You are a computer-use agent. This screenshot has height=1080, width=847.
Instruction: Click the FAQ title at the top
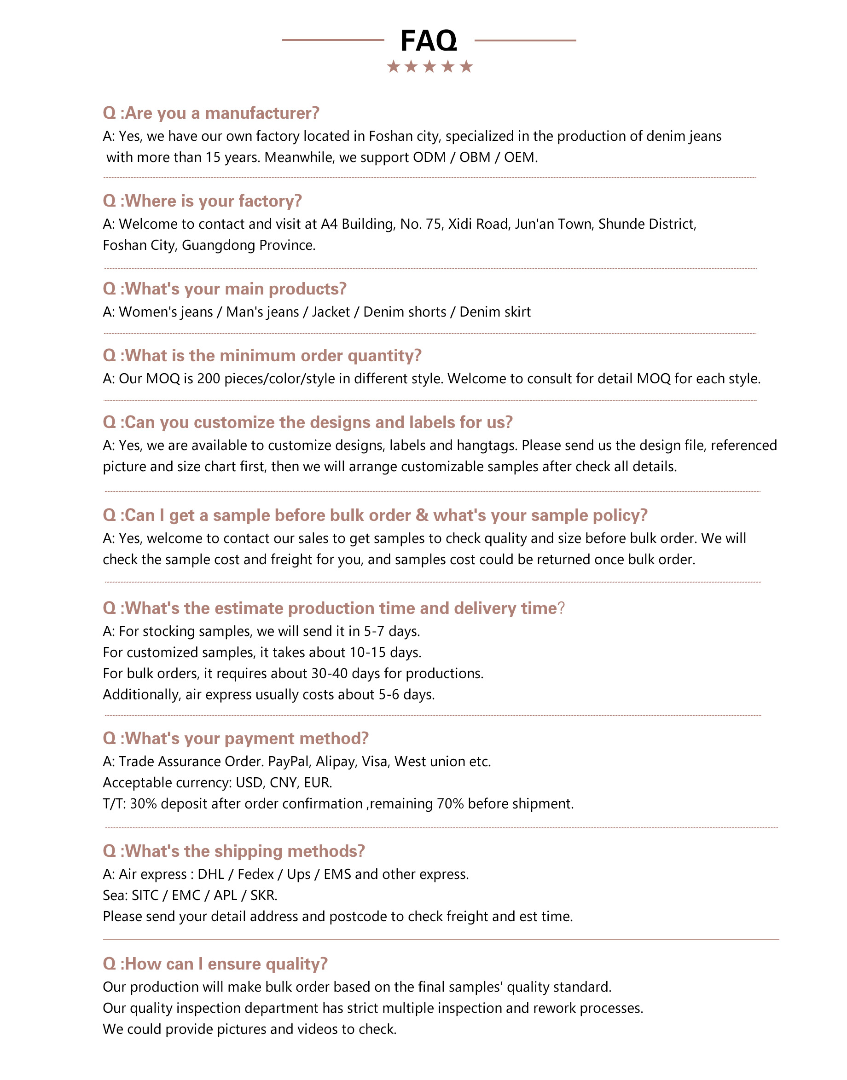(429, 40)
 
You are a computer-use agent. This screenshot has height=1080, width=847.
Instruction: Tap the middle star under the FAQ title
(429, 66)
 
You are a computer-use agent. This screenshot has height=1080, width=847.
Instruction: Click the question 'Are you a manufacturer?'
(211, 113)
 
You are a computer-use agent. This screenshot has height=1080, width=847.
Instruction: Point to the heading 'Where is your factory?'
(203, 201)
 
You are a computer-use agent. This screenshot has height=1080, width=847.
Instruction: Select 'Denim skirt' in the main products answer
(495, 312)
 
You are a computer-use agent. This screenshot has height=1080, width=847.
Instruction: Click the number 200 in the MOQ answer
(208, 379)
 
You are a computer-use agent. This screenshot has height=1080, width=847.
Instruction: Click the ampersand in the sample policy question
(422, 515)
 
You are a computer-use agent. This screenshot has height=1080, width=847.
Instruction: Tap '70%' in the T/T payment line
(450, 803)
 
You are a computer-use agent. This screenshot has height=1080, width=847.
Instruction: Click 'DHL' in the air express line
(211, 874)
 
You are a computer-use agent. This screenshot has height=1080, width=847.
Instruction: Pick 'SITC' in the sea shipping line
(145, 895)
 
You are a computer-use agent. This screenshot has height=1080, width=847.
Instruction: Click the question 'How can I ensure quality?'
(215, 964)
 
